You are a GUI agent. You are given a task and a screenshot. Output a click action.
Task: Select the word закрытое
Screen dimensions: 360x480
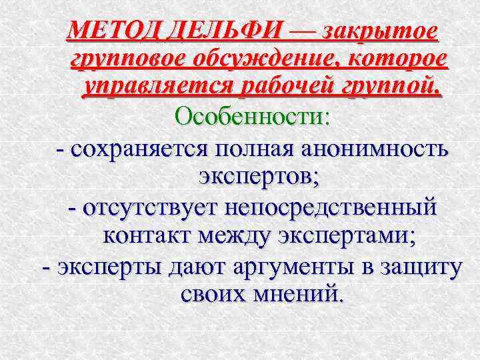click(380, 30)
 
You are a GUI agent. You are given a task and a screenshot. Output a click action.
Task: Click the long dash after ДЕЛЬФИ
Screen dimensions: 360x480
click(303, 30)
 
